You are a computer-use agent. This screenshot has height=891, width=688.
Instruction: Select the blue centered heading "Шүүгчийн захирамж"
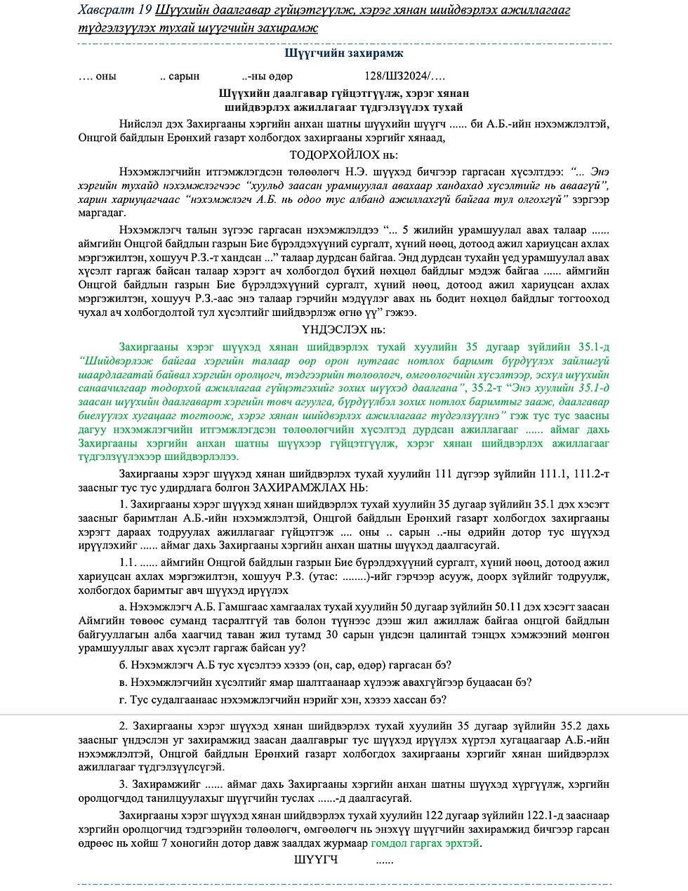coord(344,53)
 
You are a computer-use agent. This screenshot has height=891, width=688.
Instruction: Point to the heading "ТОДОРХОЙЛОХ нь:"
coord(344,155)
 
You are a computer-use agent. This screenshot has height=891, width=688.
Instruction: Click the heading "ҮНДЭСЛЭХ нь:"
coord(344,330)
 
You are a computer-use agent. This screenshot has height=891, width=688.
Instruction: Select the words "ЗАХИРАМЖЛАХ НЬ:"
coord(310,487)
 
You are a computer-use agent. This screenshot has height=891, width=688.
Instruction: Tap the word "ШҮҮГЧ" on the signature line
coord(316,860)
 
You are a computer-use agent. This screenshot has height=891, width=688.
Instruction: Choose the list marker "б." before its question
coord(124,666)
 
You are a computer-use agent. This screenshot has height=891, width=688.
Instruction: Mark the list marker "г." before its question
coord(124,700)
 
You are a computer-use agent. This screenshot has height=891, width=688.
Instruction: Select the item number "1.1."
coord(128,563)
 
